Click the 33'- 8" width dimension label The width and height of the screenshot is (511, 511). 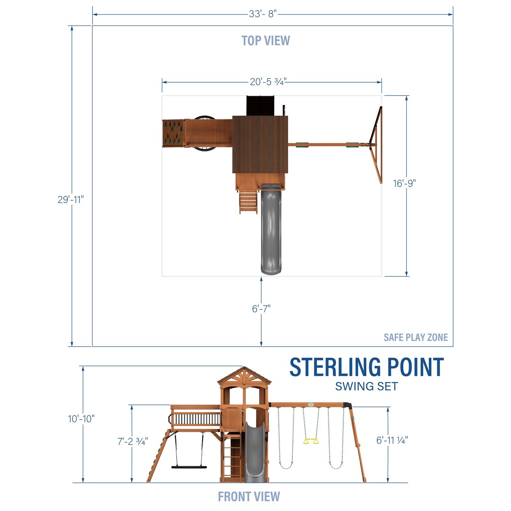pyautogui.click(x=263, y=14)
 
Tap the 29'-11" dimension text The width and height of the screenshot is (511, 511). pyautogui.click(x=71, y=200)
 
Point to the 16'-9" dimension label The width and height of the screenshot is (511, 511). pyautogui.click(x=404, y=183)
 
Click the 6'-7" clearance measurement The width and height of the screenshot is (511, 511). pyautogui.click(x=261, y=309)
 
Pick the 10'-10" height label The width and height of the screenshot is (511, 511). pyautogui.click(x=81, y=419)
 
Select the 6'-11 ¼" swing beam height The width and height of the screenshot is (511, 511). pyautogui.click(x=392, y=440)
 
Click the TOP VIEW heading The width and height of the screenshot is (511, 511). pyautogui.click(x=266, y=41)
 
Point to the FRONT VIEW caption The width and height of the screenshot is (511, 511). pyautogui.click(x=249, y=497)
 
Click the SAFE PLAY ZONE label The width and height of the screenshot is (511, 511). pyautogui.click(x=416, y=337)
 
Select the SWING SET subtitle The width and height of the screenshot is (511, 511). pyautogui.click(x=366, y=386)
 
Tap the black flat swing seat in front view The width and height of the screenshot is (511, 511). pyautogui.click(x=189, y=467)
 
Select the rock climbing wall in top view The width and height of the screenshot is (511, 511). pyautogui.click(x=173, y=133)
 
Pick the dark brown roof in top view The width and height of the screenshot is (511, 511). pyautogui.click(x=260, y=144)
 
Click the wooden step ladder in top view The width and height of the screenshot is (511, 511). pyautogui.click(x=248, y=202)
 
